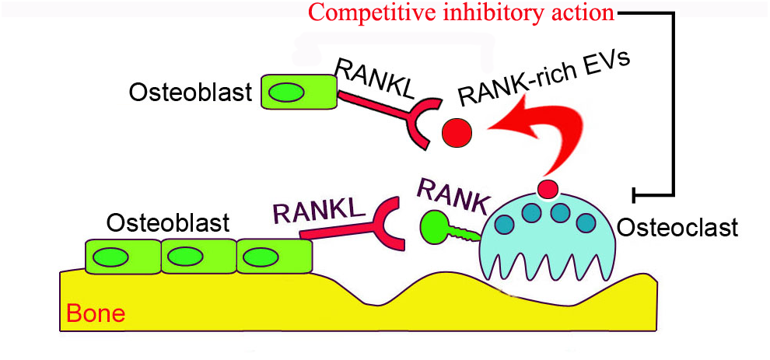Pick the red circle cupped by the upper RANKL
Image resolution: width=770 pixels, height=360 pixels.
(x=457, y=133)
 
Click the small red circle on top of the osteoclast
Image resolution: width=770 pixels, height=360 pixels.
(x=548, y=188)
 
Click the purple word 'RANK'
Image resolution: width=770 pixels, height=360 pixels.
(x=453, y=195)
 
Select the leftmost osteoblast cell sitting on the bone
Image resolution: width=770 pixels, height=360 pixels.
(x=121, y=257)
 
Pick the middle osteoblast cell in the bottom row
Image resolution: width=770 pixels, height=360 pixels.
(x=198, y=257)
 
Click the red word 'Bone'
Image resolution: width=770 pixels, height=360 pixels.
(x=96, y=315)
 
